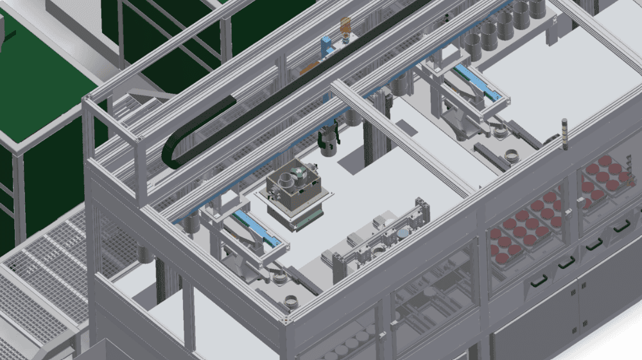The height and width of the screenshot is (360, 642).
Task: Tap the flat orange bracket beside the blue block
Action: coord(310,67)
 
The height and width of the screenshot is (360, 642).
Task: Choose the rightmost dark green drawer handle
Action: coord(621,227)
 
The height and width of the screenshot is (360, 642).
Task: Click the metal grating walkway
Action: coord(39,282)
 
